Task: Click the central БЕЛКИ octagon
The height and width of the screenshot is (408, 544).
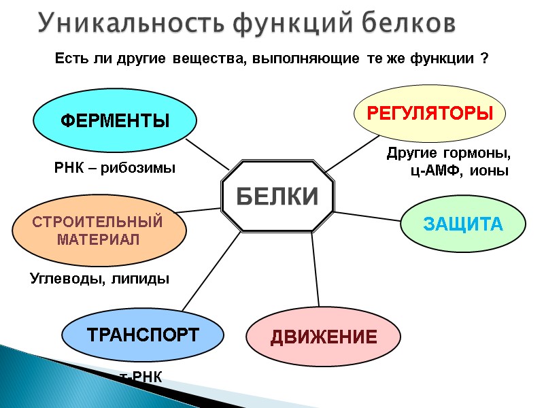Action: click(277, 197)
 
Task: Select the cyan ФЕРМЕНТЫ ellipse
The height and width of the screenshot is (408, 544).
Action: click(115, 122)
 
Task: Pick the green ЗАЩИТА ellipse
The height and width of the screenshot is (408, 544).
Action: click(463, 224)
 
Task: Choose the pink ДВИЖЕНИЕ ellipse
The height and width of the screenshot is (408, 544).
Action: click(314, 337)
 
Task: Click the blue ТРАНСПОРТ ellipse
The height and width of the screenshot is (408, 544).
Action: click(142, 335)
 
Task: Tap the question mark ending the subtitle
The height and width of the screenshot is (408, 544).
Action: click(484, 60)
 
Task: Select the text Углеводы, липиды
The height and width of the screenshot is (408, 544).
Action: click(99, 279)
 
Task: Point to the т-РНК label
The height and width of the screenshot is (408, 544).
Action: click(141, 377)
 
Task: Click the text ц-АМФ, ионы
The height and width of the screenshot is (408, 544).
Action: click(459, 171)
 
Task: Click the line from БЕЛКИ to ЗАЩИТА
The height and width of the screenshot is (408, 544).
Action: click(367, 216)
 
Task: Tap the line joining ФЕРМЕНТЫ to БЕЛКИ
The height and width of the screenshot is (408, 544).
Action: click(207, 154)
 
